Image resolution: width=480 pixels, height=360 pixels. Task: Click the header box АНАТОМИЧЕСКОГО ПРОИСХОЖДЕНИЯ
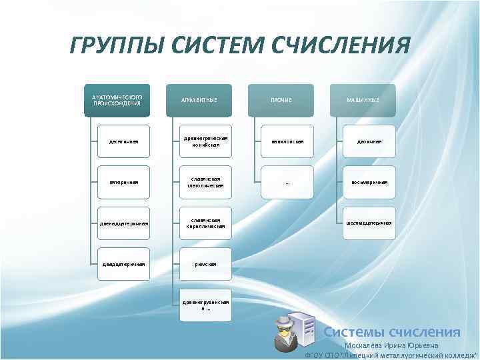tap(117, 100)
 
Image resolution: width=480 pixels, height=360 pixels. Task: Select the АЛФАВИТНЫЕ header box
tap(199, 100)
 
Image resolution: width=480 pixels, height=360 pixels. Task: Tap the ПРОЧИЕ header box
tap(281, 100)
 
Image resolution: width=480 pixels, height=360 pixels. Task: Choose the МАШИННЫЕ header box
tap(363, 100)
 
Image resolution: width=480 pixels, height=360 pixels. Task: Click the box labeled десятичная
tap(124, 141)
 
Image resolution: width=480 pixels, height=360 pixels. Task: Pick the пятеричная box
tap(124, 182)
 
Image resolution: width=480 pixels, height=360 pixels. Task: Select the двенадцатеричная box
tap(124, 223)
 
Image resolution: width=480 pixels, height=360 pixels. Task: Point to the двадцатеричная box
tap(124, 264)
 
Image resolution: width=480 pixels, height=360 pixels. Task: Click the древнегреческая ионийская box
tap(206, 141)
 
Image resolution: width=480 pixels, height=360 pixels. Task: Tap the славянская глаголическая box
tap(206, 182)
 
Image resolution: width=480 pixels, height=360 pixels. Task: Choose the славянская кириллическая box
tap(206, 223)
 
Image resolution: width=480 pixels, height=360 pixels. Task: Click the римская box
tap(206, 264)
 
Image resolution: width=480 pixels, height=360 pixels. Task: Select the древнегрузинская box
tap(206, 305)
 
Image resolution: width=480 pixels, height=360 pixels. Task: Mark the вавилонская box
tap(287, 141)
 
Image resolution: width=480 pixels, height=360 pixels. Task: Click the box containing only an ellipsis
tap(287, 182)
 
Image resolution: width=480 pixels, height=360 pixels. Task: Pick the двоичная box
tap(369, 141)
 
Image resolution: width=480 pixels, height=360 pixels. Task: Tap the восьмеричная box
tap(369, 182)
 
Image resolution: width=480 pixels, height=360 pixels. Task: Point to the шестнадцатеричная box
tap(369, 223)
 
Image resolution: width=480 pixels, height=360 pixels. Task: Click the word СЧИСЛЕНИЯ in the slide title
tap(341, 47)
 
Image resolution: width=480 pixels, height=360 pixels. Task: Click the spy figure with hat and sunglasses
tap(283, 333)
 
